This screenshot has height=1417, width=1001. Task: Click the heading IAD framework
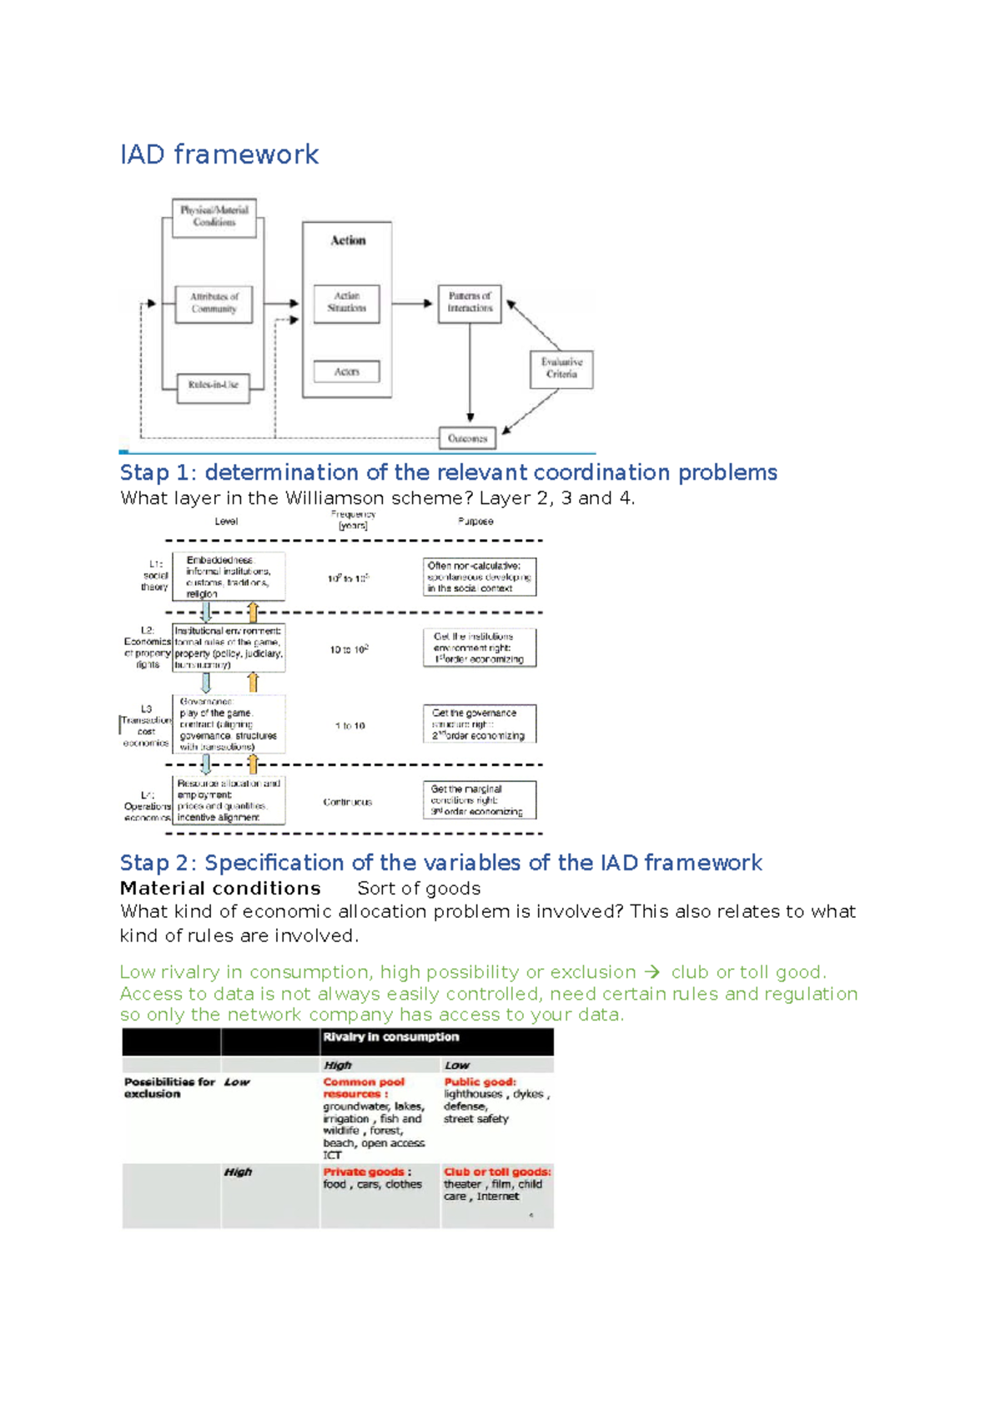219,154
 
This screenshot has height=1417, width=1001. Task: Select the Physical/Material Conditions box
214,217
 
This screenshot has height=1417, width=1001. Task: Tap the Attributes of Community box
214,303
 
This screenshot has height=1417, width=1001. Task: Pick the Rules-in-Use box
214,386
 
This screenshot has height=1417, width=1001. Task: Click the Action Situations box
347,303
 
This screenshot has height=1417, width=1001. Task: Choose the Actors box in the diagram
347,371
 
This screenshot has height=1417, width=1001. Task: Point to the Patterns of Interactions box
470,303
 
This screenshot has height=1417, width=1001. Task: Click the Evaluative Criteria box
561,369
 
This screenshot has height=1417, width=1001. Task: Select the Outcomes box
467,438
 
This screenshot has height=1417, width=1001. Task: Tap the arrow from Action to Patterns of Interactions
414,303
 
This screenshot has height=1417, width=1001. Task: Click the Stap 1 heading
448,472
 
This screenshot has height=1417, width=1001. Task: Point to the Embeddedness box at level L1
229,577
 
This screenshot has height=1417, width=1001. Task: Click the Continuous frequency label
348,802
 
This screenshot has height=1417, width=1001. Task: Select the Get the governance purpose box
480,724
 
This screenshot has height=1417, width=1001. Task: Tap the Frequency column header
353,520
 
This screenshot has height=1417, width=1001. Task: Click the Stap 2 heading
440,863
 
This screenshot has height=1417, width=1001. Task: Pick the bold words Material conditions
220,889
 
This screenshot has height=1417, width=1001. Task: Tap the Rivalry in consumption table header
391,1037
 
